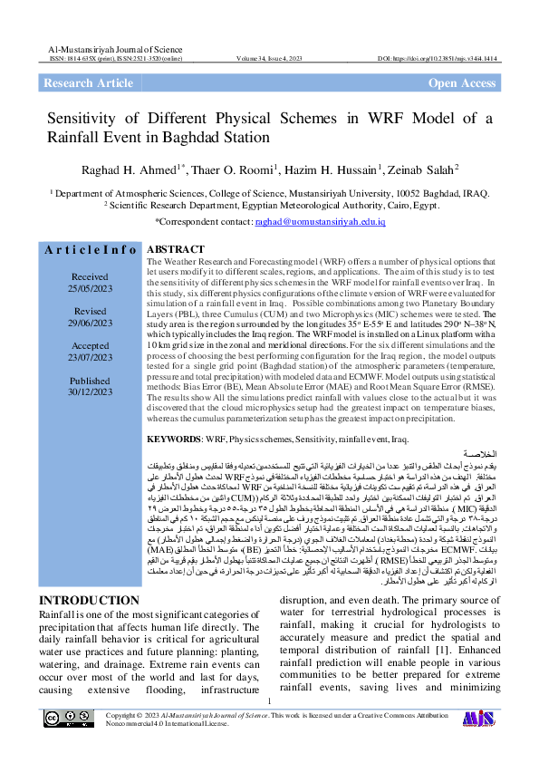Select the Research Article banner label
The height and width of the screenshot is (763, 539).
89,83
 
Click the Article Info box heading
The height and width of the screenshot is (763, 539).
91,249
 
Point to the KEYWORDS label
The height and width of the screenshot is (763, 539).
176,439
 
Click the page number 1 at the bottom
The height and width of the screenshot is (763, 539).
270,726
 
